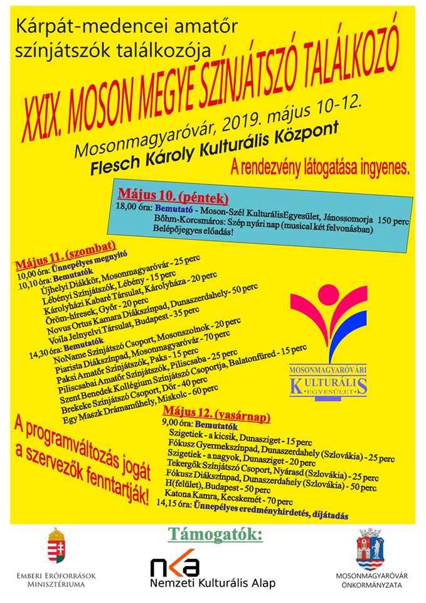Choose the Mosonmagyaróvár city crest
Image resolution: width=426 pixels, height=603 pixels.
point(368,547)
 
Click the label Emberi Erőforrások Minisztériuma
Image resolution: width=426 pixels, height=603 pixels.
point(56,579)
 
